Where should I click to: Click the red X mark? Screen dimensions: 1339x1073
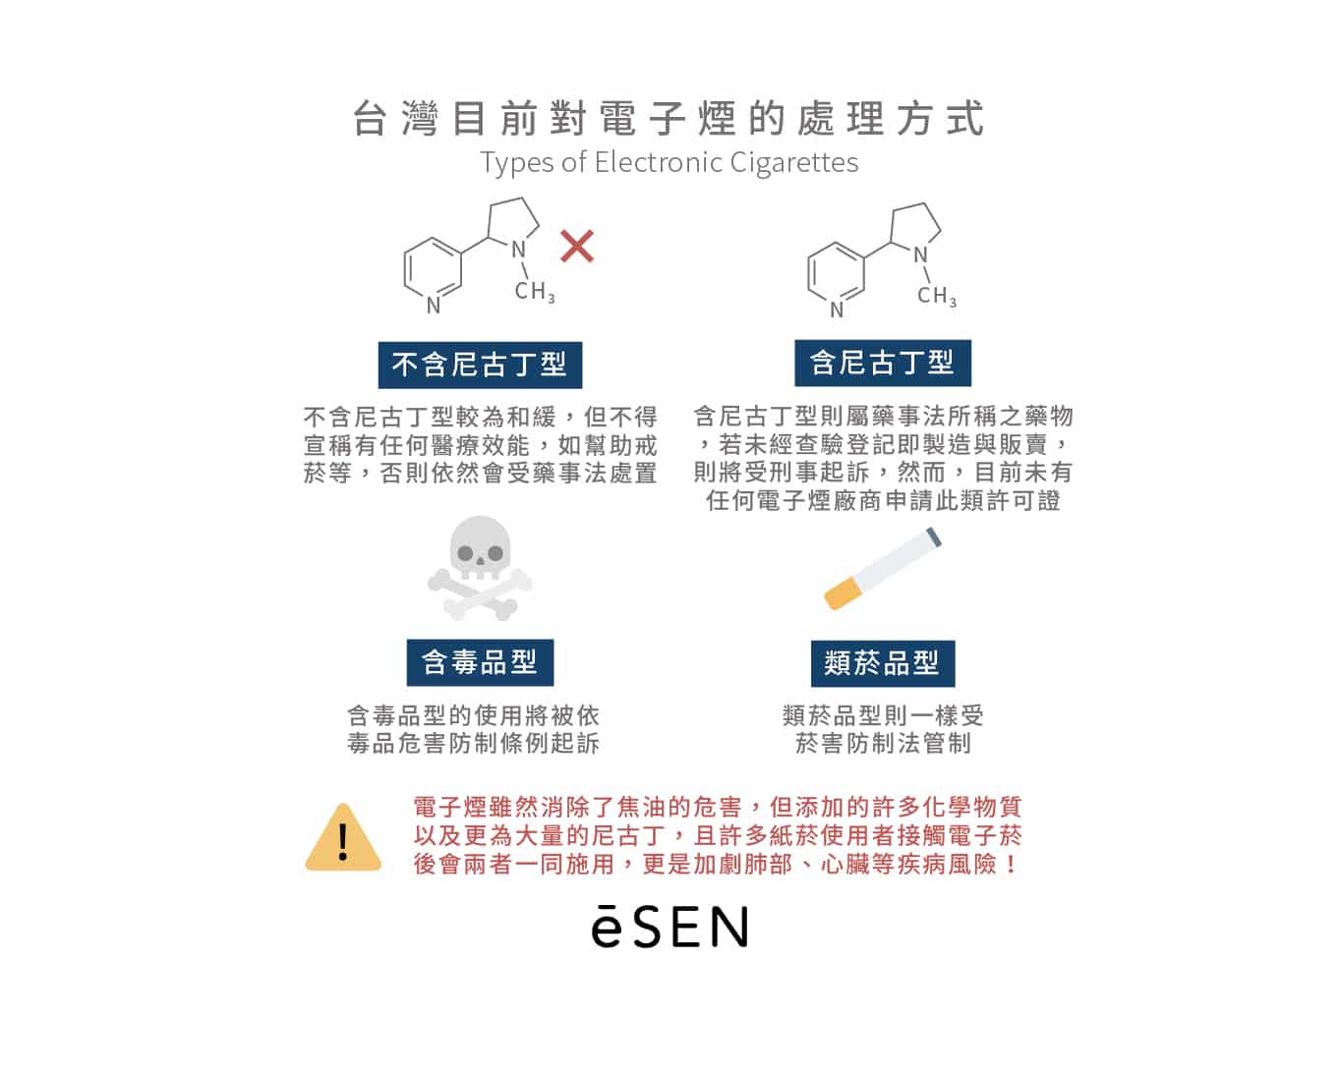tap(577, 246)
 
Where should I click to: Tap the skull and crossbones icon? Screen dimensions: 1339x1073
tap(480, 568)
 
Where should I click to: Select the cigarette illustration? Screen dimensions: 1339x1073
tap(882, 569)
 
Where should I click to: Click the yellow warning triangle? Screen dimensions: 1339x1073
tap(343, 837)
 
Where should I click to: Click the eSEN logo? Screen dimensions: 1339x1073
tap(669, 927)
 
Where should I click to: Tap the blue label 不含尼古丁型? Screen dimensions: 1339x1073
tap(480, 366)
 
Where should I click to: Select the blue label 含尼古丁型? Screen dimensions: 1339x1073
tap(882, 363)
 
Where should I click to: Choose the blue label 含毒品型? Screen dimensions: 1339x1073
tap(480, 662)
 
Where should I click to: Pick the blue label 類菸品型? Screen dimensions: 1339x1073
tap(882, 663)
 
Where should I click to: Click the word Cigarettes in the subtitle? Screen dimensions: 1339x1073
tap(794, 163)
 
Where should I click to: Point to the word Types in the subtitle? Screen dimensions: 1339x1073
tap(516, 163)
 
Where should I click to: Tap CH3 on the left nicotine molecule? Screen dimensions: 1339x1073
tap(535, 292)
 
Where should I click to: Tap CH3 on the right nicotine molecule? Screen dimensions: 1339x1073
tap(937, 296)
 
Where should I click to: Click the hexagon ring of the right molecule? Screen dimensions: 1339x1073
tap(837, 273)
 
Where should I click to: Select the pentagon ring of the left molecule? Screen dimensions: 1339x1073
tap(513, 221)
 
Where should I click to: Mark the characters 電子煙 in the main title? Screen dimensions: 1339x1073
tap(668, 118)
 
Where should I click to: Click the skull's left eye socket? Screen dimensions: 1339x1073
tap(465, 553)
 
